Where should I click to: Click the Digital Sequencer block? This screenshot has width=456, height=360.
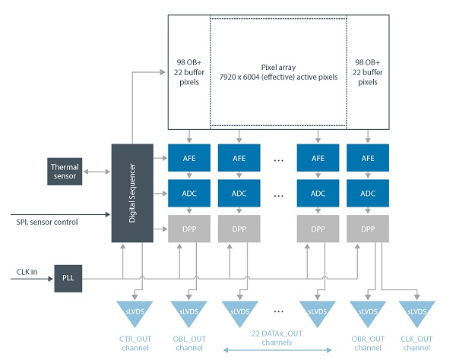[132, 193]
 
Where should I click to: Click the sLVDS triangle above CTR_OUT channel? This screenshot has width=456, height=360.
[135, 311]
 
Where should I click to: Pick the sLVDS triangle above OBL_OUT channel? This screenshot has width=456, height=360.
[188, 311]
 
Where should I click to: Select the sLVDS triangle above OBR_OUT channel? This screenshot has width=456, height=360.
[368, 311]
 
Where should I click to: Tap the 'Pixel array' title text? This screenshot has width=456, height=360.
[278, 68]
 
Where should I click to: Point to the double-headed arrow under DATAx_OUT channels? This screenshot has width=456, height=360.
[279, 350]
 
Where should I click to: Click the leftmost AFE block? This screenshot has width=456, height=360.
[188, 159]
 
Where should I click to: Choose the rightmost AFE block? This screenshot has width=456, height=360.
[368, 159]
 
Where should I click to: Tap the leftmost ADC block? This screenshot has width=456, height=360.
[188, 193]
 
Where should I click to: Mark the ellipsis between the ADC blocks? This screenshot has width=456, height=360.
[278, 194]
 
